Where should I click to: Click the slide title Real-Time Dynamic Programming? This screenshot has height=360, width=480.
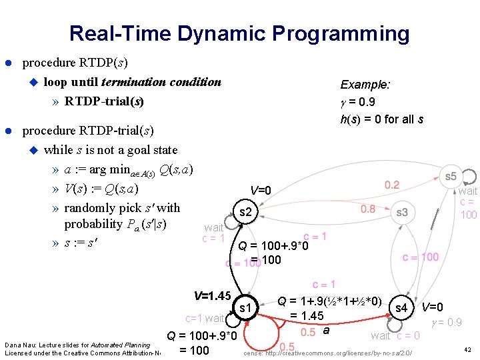click(239, 33)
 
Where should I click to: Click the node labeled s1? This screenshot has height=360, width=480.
click(245, 308)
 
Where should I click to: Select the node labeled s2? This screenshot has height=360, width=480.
click(245, 213)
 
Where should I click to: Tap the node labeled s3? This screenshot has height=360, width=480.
click(401, 213)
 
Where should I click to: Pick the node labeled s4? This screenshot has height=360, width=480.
click(401, 308)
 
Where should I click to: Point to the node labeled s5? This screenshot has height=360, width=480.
click(451, 176)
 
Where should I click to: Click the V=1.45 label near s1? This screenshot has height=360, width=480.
click(211, 295)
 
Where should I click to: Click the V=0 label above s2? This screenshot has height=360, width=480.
click(261, 191)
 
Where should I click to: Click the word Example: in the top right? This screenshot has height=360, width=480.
click(365, 85)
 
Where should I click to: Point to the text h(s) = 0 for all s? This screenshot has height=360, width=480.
click(381, 119)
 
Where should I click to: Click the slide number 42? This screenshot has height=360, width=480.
click(467, 349)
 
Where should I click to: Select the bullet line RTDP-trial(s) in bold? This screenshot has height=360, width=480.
click(104, 101)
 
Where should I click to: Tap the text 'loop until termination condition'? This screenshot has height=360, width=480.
click(132, 82)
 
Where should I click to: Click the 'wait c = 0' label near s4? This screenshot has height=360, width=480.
click(395, 335)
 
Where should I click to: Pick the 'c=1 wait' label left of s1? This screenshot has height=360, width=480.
click(205, 318)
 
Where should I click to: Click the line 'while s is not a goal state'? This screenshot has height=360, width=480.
click(110, 149)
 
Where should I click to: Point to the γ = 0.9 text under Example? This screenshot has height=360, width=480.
click(357, 102)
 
